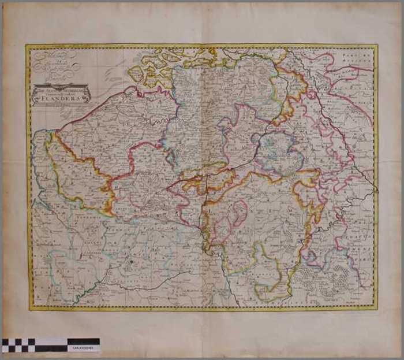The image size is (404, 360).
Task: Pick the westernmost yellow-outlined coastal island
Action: tap(136, 73)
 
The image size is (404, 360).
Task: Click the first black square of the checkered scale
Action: tap(6, 342)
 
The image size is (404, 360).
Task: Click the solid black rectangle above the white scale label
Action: tap(84, 342)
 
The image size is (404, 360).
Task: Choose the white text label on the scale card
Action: tap(84, 349)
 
